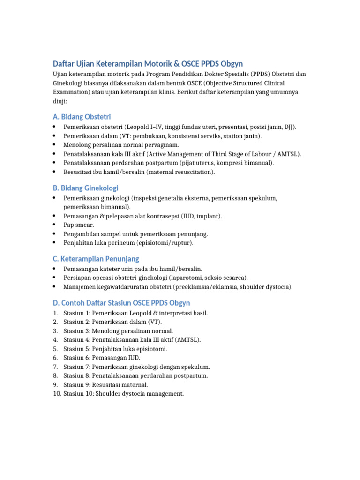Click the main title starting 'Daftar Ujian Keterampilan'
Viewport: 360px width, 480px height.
pos(147,63)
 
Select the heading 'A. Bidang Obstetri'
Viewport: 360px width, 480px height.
pos(82,116)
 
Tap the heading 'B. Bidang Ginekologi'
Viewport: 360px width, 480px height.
pos(85,187)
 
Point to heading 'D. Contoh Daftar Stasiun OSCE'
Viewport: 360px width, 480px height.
pos(121,303)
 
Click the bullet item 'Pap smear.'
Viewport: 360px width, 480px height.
pos(79,225)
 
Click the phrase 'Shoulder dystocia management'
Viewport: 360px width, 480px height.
pos(139,394)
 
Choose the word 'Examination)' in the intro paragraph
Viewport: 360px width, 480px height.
pos(72,92)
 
